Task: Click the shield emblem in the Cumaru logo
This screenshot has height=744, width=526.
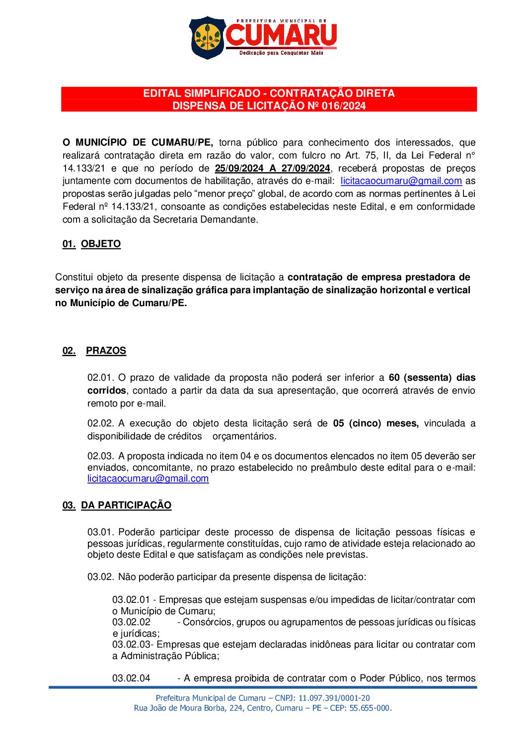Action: tap(207, 37)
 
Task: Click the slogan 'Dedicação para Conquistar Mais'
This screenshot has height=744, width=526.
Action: tap(281, 53)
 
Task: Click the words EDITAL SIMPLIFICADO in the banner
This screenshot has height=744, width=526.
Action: tap(202, 93)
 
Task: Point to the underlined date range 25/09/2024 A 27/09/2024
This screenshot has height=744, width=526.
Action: tap(272, 168)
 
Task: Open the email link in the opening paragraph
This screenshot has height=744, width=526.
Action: tap(401, 181)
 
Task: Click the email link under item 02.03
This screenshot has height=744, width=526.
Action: tap(148, 479)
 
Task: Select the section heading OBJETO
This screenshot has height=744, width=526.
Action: tap(101, 244)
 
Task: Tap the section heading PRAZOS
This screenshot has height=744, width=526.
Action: tap(106, 351)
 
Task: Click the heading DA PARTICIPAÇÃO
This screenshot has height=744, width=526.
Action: tap(126, 505)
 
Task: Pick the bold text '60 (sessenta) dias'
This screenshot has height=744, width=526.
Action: tap(432, 378)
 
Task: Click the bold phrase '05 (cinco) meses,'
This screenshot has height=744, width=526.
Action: tap(376, 423)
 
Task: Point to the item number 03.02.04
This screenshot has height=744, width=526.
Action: tap(131, 678)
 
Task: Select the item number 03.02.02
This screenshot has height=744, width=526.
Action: tap(131, 622)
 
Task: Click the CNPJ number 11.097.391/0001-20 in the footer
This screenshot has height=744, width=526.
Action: tap(334, 698)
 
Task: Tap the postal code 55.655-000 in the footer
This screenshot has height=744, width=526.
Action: tap(370, 708)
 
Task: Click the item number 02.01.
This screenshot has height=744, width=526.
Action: tap(101, 378)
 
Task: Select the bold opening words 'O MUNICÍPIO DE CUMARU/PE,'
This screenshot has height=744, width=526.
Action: tap(138, 143)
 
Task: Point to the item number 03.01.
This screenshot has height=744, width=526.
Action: tap(101, 532)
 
